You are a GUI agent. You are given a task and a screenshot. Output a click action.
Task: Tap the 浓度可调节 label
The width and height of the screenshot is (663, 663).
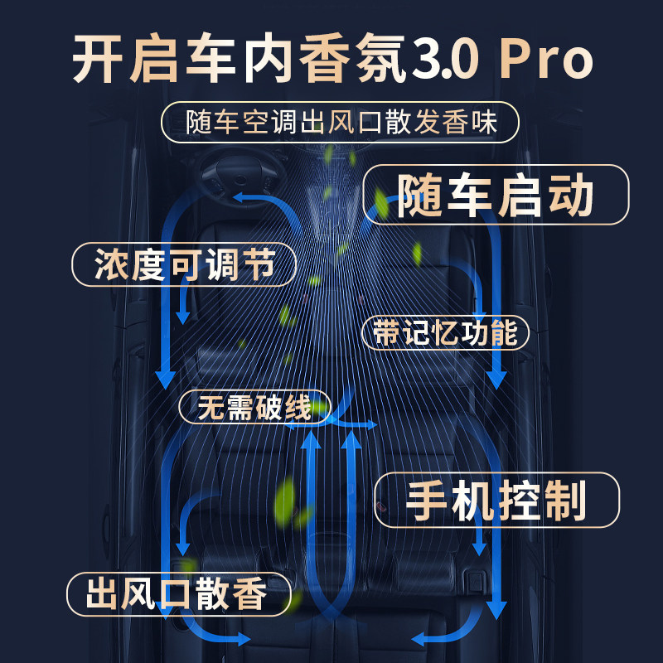[184, 265]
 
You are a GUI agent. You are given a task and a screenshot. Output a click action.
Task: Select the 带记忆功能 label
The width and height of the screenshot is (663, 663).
[446, 332]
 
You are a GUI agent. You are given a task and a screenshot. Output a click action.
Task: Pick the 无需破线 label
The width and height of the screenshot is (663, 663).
[254, 407]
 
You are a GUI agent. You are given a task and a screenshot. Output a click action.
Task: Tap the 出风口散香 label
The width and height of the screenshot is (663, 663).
[177, 594]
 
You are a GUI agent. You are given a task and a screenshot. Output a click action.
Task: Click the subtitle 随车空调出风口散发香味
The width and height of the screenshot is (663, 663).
[340, 123]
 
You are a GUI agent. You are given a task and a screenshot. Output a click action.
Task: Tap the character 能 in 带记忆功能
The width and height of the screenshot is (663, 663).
[504, 332]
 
